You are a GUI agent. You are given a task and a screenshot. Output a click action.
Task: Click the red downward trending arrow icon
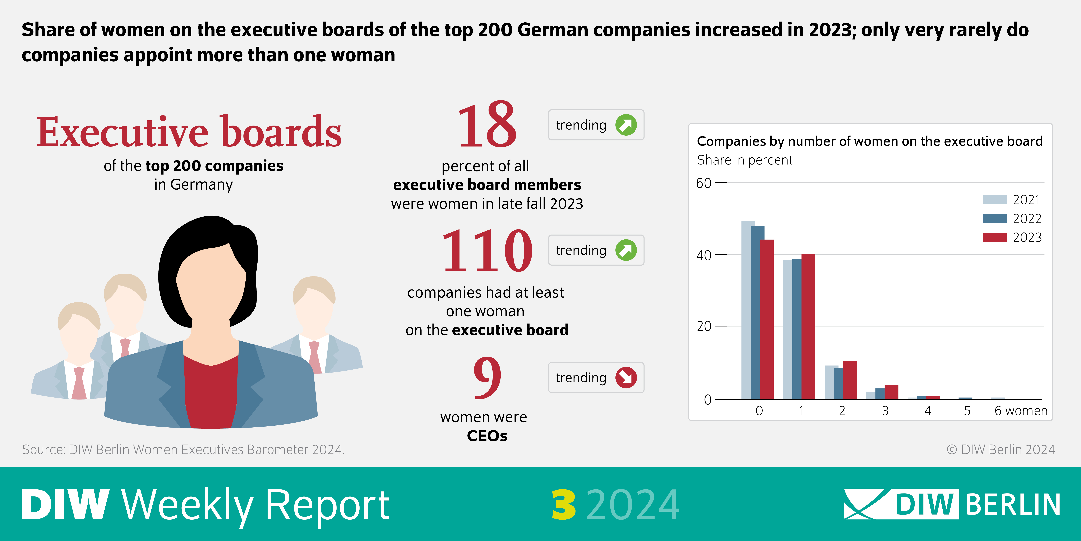[x=626, y=377]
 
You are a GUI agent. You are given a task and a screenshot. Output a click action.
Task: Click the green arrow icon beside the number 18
[x=626, y=125]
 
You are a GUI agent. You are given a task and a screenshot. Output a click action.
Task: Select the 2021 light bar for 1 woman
[x=787, y=330]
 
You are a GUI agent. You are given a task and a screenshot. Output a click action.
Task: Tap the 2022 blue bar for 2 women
[x=838, y=383]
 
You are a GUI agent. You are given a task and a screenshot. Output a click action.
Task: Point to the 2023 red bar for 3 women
[x=891, y=391]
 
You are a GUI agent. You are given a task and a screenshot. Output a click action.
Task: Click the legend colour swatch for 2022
[x=994, y=218]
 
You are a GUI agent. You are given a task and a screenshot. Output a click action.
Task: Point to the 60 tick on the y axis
[x=704, y=183]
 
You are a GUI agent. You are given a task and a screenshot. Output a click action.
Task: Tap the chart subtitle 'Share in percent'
[x=744, y=160]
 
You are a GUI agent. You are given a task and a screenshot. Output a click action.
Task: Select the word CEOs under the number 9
[x=487, y=436]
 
